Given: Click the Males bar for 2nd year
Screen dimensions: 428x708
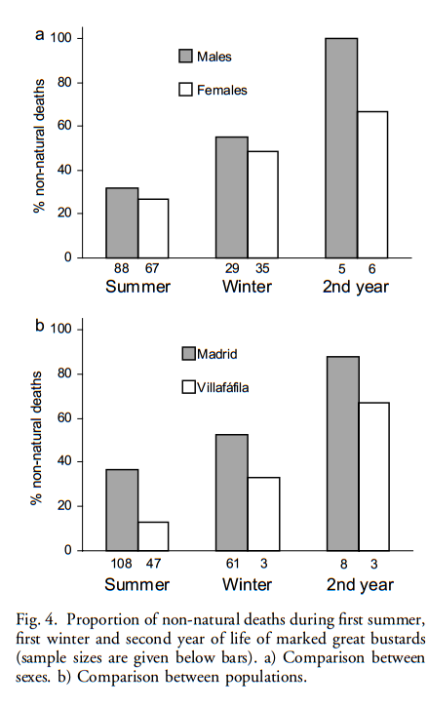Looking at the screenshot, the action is tap(341, 148).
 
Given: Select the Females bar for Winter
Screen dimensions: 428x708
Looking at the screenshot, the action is tap(263, 205).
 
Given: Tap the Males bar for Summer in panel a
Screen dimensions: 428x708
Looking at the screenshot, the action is tap(122, 222).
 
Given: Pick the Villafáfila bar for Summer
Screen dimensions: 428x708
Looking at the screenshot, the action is tap(153, 536).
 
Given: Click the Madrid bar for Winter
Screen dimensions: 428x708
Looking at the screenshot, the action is tap(232, 492).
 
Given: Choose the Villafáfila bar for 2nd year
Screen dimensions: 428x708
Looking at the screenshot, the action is tap(373, 477).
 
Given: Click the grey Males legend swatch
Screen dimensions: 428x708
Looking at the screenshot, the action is tap(185, 56).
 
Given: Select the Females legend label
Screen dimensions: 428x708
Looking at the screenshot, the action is tap(221, 91).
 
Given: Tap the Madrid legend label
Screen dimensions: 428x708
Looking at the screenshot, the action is tap(217, 354).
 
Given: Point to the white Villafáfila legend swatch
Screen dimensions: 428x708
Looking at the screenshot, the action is tap(189, 387).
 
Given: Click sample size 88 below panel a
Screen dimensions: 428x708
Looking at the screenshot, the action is tap(122, 268).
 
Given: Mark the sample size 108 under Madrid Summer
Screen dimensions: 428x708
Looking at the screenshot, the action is tap(122, 563).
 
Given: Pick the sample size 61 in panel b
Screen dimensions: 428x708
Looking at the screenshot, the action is tap(232, 563).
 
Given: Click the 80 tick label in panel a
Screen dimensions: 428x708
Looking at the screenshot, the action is tap(64, 83).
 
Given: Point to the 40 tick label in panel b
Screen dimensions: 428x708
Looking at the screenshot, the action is tap(64, 462).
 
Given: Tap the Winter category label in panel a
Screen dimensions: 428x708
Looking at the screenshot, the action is tap(247, 287).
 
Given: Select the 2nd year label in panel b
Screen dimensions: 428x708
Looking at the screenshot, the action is tap(360, 585).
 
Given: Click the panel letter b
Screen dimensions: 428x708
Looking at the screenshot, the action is tap(40, 325).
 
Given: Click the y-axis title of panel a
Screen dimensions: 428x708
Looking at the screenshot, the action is tap(40, 145).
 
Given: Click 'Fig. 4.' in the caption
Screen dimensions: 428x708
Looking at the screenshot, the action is tap(37, 620).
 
